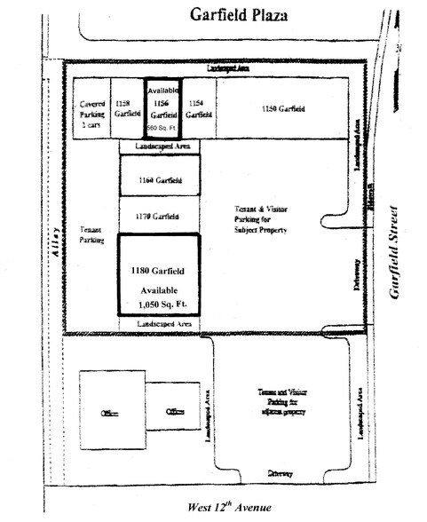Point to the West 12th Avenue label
pos(228,508)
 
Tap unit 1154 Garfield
pos(199,109)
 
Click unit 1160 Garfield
pos(160,180)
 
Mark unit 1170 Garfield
pos(160,217)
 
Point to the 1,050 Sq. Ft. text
pos(160,304)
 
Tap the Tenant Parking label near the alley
pos(91,232)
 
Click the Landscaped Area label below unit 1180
pos(160,326)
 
